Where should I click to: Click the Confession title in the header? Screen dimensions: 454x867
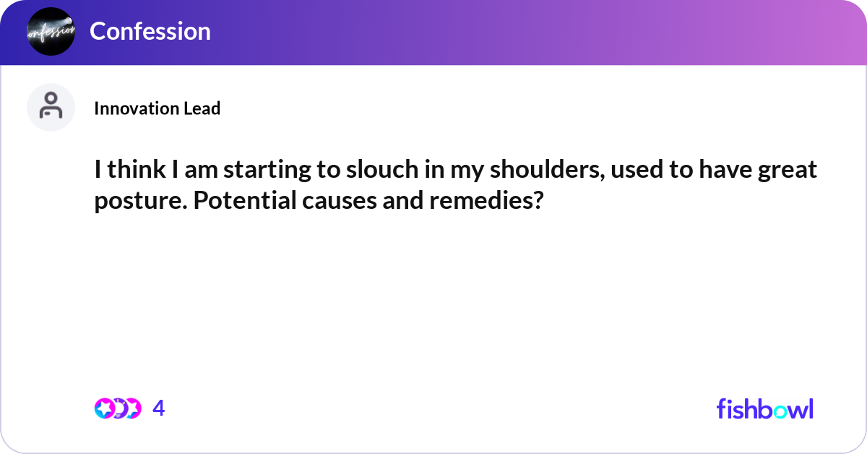pos(150,31)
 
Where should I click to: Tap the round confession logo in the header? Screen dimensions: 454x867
pos(51,31)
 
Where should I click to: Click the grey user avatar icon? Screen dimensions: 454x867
pos(51,107)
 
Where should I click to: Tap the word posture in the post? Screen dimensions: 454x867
pos(131,201)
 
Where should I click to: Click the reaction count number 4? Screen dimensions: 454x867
pos(159,408)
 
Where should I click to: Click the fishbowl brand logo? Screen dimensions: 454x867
pos(764,408)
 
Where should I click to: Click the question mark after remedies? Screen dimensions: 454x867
pos(536,200)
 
